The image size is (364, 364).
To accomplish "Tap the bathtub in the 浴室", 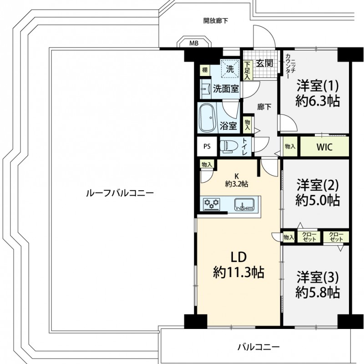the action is pyautogui.click(x=208, y=118).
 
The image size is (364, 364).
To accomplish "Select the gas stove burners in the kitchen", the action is pyautogui.click(x=212, y=204).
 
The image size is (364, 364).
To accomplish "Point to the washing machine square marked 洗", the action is pyautogui.click(x=230, y=69).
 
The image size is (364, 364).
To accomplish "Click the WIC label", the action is pyautogui.click(x=324, y=147).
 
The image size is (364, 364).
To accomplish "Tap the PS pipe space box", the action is pyautogui.click(x=207, y=147).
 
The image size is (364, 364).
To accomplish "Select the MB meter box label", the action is pyautogui.click(x=194, y=43).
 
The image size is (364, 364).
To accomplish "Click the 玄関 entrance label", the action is pyautogui.click(x=264, y=63).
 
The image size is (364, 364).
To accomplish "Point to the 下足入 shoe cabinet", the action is pyautogui.click(x=247, y=71).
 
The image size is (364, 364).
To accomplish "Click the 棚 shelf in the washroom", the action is pyautogui.click(x=205, y=70).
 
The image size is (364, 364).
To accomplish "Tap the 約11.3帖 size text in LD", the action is pyautogui.click(x=238, y=272).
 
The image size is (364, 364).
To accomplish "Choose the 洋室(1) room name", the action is pyautogui.click(x=318, y=86).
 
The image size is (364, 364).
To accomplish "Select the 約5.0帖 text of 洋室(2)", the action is pyautogui.click(x=318, y=200).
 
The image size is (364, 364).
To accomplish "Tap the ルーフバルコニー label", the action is pyautogui.click(x=120, y=193).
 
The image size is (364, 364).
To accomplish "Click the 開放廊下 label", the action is pyautogui.click(x=216, y=21).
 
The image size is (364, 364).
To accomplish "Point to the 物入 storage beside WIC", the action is pyautogui.click(x=290, y=147).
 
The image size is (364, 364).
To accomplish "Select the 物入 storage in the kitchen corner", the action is pyautogui.click(x=207, y=165).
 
